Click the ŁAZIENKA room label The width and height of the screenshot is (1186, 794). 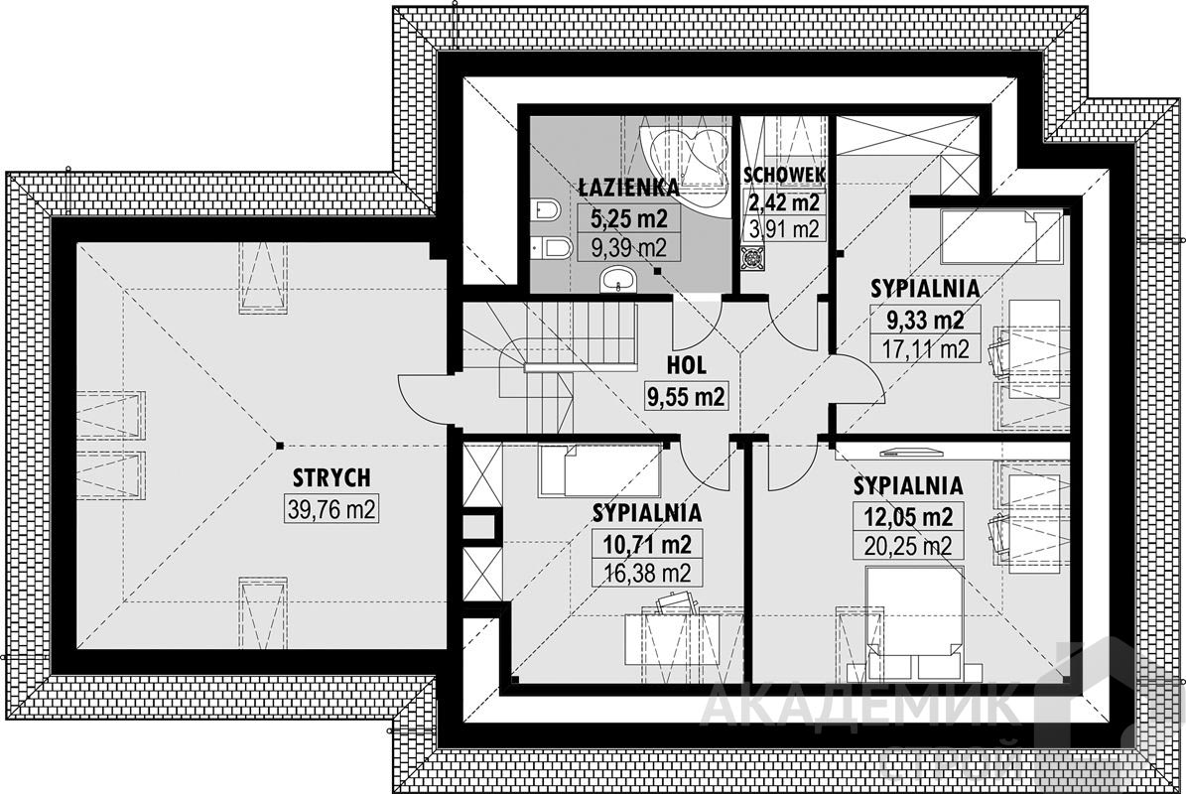[x=628, y=186]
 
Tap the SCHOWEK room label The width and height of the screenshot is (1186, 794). [x=785, y=175]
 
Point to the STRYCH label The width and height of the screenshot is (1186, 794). [x=330, y=477]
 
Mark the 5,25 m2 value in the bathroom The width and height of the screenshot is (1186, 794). [x=629, y=218]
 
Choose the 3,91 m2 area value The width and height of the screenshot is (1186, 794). [x=785, y=230]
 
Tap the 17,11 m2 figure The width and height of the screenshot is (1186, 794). [x=924, y=348]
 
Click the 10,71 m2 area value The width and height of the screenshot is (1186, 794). [x=646, y=544]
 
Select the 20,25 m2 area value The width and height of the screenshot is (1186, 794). [x=908, y=546]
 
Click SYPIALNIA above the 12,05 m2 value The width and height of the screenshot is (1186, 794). [x=908, y=485]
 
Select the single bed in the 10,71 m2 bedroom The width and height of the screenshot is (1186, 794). [x=600, y=470]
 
